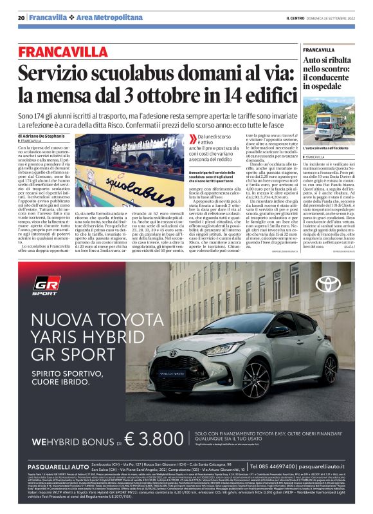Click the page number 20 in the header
pos(21,17)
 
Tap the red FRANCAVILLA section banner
pos(72,52)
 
